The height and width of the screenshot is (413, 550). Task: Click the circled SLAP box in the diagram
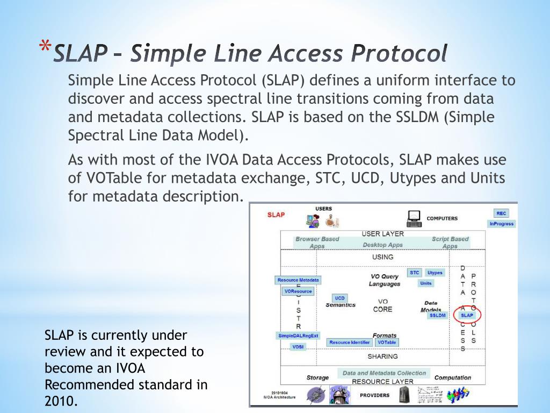pos(467,316)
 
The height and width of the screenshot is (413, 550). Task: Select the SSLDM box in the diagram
pos(438,316)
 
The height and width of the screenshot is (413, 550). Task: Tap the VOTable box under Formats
pos(387,343)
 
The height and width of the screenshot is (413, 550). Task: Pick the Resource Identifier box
pos(350,343)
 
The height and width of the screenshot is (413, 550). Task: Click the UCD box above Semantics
pos(340,298)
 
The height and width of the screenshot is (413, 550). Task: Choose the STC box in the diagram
pos(415,273)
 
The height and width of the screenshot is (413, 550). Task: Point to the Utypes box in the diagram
pos(435,273)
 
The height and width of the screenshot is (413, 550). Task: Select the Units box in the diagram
pos(426,283)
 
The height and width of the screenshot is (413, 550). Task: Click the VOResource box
pos(298,291)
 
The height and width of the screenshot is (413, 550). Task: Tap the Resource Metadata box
pos(298,280)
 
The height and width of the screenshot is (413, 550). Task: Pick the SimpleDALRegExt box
pos(298,336)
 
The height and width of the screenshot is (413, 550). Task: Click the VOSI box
pos(298,347)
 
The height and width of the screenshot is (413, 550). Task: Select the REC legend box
pos(502,213)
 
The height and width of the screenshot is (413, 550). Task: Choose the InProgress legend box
pos(502,224)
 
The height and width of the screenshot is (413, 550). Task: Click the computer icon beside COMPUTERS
pos(414,218)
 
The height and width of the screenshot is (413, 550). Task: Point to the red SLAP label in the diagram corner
pos(276,215)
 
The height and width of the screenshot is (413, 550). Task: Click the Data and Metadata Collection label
pos(384,373)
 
